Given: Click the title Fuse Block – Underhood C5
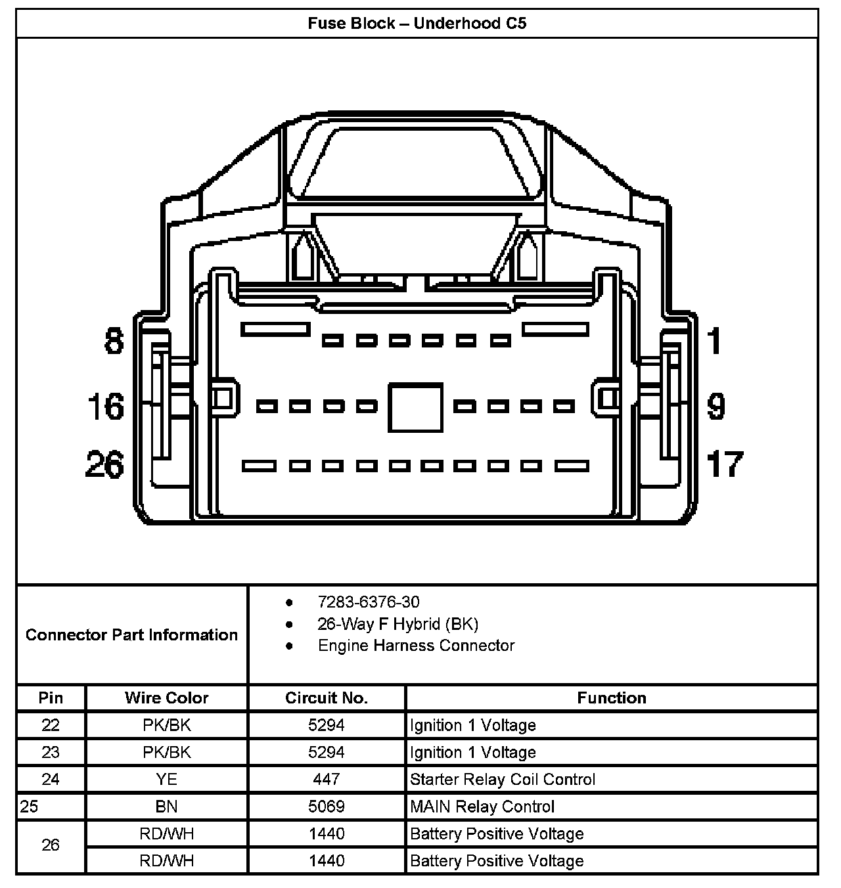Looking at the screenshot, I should click(x=417, y=24).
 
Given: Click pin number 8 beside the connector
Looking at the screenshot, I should click(x=114, y=342).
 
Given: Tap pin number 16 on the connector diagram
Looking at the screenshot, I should click(x=106, y=407).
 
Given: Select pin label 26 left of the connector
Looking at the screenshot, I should click(x=104, y=465).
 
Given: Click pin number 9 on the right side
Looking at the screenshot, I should click(x=716, y=407).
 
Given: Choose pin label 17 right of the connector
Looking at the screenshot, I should click(x=725, y=464).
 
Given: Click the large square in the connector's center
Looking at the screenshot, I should click(x=415, y=407).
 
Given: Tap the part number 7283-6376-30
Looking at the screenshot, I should click(x=368, y=602).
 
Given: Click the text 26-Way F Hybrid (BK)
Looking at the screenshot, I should click(x=398, y=623).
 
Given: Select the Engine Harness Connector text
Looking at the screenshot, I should click(x=416, y=645).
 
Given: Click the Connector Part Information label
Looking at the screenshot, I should click(x=131, y=634).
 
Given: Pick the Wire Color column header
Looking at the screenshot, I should click(x=167, y=698).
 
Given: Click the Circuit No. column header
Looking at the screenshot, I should click(x=327, y=698).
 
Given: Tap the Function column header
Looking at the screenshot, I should click(x=612, y=698).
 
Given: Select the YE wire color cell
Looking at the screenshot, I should click(x=167, y=779).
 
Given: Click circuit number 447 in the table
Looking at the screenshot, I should click(x=327, y=779).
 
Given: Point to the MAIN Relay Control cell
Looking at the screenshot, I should click(x=482, y=807).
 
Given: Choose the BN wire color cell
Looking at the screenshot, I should click(x=167, y=807).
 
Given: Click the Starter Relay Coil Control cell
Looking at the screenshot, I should click(x=503, y=779).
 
